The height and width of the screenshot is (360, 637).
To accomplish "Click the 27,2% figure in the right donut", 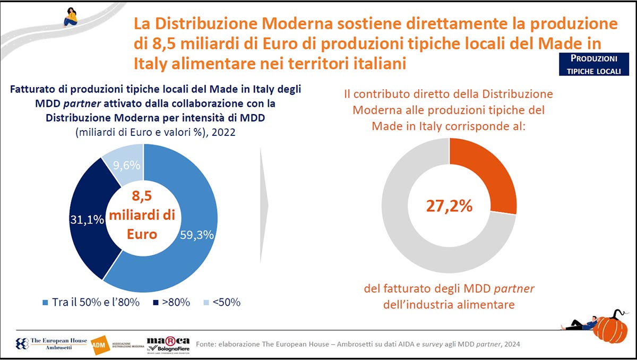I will (x=449, y=205).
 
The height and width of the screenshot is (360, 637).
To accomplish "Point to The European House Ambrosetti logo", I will (x=50, y=344).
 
